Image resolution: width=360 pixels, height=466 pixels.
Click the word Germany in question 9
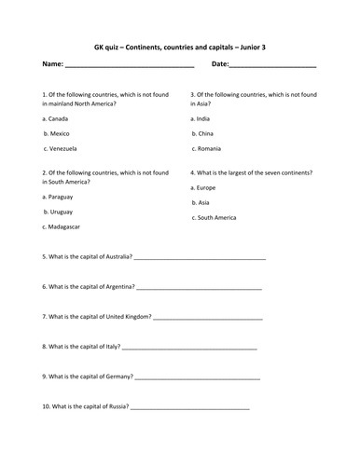coord(118,377)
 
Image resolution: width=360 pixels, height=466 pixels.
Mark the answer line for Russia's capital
coord(190,408)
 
